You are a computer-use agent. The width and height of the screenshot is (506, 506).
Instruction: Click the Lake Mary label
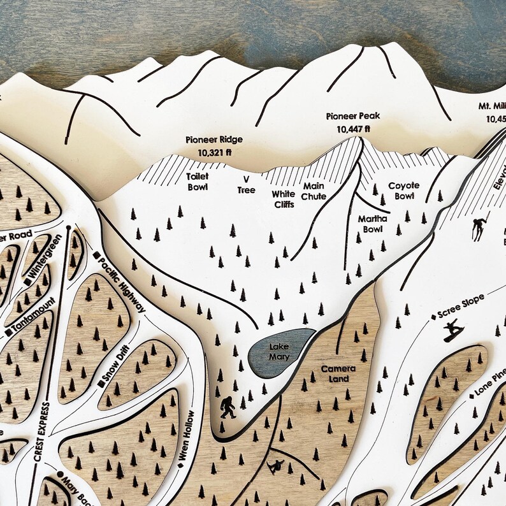(x=278, y=351)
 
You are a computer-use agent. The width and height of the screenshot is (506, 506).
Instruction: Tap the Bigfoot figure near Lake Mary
(x=227, y=407)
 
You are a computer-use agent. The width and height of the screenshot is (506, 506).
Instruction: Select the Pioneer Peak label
(x=352, y=116)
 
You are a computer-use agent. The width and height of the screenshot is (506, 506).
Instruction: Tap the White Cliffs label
(x=284, y=198)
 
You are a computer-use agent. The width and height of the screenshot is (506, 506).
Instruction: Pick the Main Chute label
(x=314, y=191)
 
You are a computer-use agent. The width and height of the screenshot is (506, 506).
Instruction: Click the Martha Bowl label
(x=373, y=224)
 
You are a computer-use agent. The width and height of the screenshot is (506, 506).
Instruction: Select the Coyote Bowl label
(x=404, y=191)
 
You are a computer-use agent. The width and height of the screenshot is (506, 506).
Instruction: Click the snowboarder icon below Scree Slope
(x=453, y=331)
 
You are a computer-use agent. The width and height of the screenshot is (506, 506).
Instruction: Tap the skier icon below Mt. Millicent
(x=478, y=228)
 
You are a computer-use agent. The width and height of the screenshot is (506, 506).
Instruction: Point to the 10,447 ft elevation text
(x=352, y=129)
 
